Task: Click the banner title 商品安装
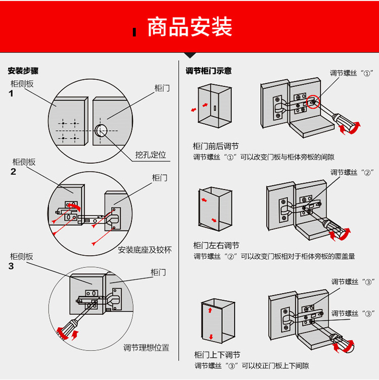(189, 27)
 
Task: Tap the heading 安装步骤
(23, 71)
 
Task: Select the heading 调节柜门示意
(209, 71)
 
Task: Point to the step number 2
(13, 172)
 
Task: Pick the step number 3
(12, 266)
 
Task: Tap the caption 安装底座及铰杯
(145, 250)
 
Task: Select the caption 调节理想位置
(147, 348)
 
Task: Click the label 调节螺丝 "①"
(351, 73)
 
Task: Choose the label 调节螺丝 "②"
(352, 173)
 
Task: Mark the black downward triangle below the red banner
(189, 56)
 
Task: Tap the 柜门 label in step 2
(160, 178)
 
